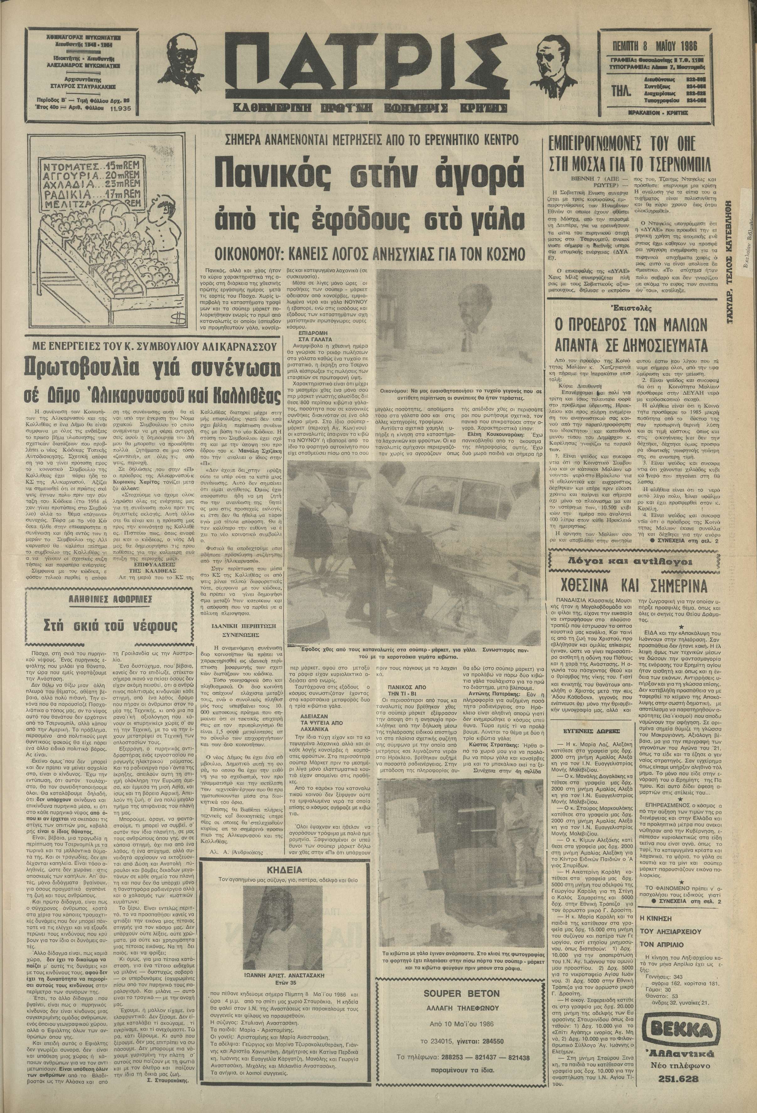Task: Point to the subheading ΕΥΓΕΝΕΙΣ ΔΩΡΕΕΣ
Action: tap(586, 718)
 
